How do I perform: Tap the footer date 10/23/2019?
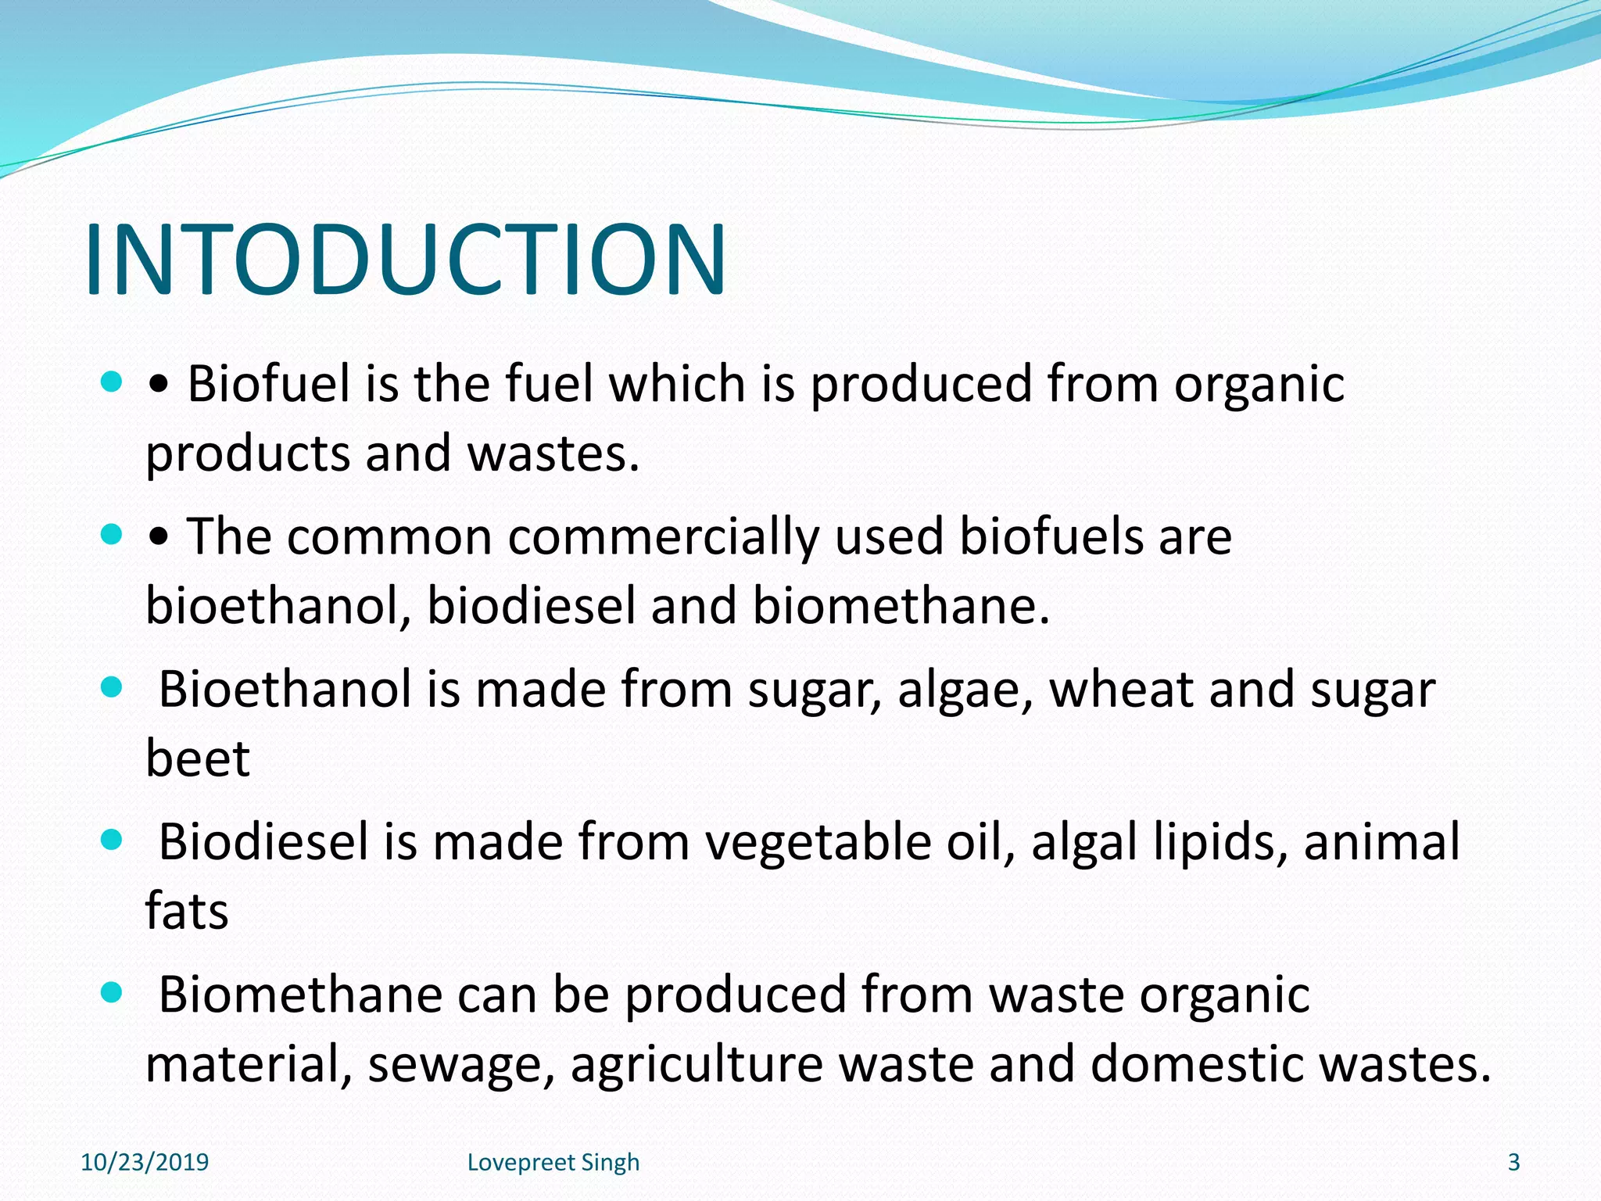(145, 1163)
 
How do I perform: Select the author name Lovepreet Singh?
(553, 1163)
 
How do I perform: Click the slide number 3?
(1513, 1163)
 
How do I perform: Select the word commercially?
(664, 537)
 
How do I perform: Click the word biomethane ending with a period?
(901, 606)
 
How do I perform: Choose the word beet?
(198, 758)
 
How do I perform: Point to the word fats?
(187, 911)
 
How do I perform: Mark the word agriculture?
(697, 1066)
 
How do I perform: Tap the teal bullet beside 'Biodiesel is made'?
(113, 841)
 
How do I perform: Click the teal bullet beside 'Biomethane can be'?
(113, 993)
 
